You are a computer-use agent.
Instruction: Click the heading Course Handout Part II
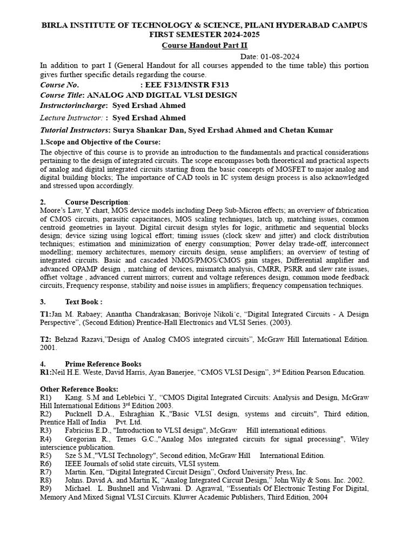[x=207, y=45]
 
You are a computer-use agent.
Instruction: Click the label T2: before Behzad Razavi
[x=46, y=339]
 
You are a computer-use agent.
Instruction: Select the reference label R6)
[x=45, y=463]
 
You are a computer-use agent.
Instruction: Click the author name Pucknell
[x=82, y=414]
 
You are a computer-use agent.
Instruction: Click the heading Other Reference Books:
[x=79, y=389]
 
